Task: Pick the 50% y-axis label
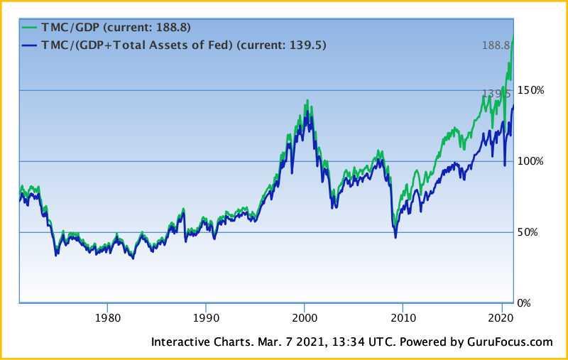pos(530,232)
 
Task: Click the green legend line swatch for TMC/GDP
pos(31,28)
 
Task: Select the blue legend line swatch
pos(31,45)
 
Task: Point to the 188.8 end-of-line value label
pos(496,45)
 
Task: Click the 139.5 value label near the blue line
pos(496,93)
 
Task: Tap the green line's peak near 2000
pos(307,100)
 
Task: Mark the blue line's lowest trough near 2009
pos(395,237)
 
